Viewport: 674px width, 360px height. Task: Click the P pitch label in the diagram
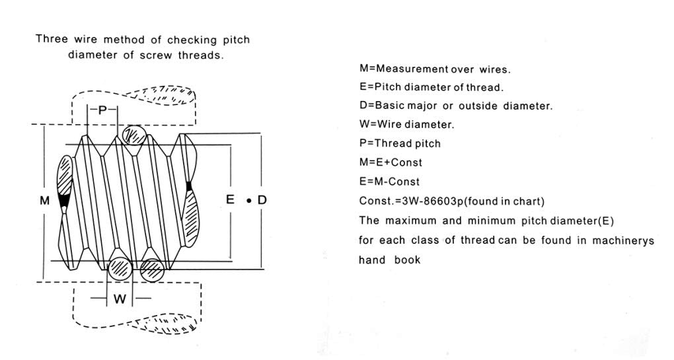102,111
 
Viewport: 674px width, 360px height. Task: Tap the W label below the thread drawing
120,299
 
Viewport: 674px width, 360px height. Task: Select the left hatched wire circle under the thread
120,268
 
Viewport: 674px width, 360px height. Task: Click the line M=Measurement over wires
434,69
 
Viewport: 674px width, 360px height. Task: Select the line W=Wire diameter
406,124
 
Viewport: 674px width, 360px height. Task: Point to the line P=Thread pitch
400,143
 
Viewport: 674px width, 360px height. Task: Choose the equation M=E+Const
391,162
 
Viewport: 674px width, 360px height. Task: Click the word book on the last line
407,260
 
